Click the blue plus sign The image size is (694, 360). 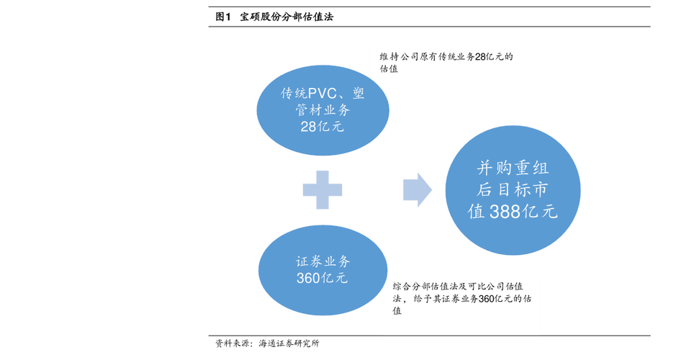pyautogui.click(x=322, y=189)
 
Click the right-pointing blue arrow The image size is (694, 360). pyautogui.click(x=418, y=189)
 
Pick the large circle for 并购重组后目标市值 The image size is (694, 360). pyautogui.click(x=513, y=189)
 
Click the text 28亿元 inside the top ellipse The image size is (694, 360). pyautogui.click(x=323, y=127)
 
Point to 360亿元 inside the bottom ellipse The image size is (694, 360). pyautogui.click(x=322, y=278)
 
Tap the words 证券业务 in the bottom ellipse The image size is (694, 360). pyautogui.click(x=322, y=261)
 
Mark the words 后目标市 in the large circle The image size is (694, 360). pyautogui.click(x=513, y=191)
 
